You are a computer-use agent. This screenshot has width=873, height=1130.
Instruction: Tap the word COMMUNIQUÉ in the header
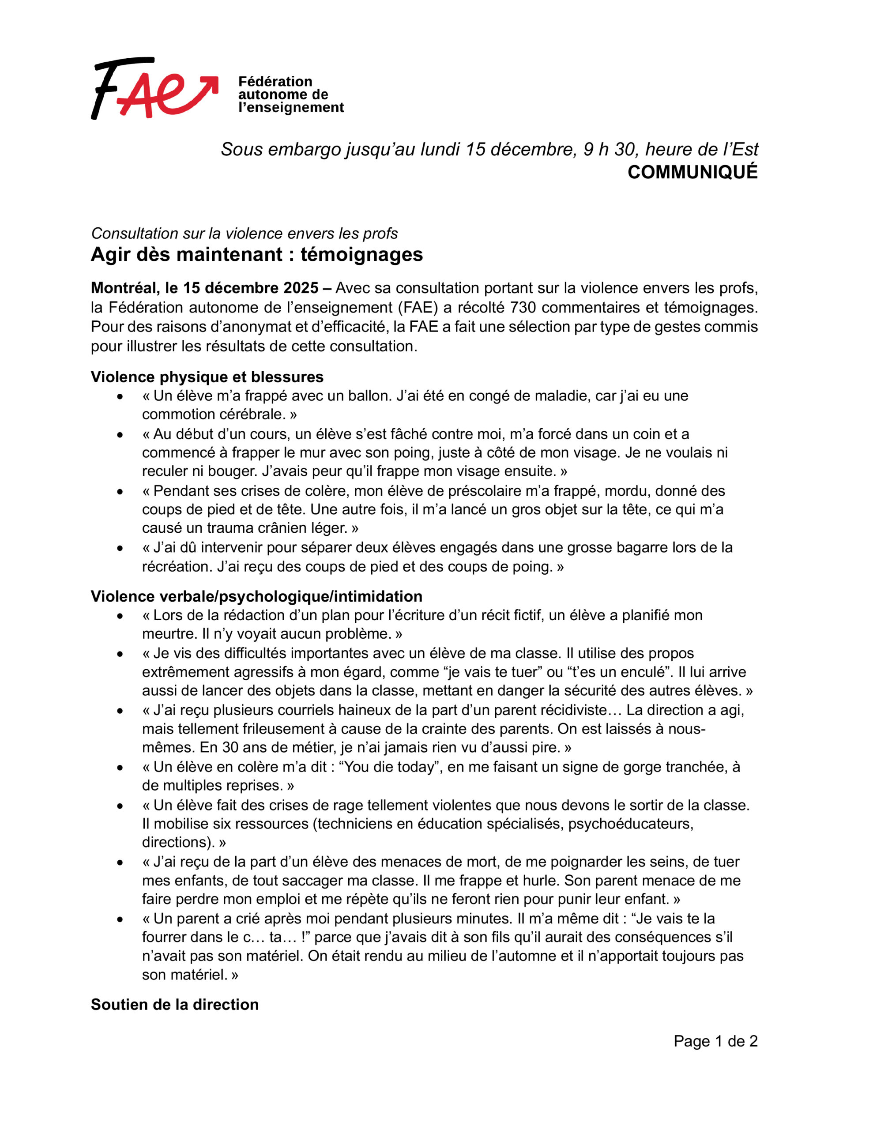click(692, 172)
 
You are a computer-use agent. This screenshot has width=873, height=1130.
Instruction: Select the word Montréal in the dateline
click(124, 288)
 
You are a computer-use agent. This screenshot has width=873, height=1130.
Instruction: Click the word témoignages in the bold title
click(361, 255)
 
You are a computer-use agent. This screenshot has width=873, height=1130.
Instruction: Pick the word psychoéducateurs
click(630, 824)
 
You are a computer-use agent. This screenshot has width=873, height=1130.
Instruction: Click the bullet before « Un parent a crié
click(120, 919)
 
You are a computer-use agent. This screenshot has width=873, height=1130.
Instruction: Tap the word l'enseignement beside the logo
click(291, 108)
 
